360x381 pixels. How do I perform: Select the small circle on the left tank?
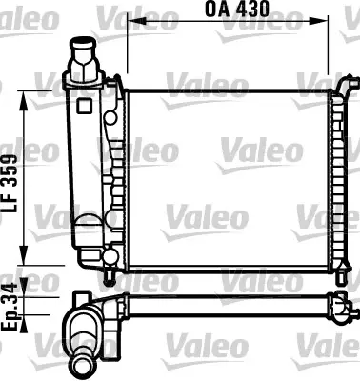click(x=110, y=119)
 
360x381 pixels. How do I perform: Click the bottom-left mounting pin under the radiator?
click(x=111, y=276)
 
